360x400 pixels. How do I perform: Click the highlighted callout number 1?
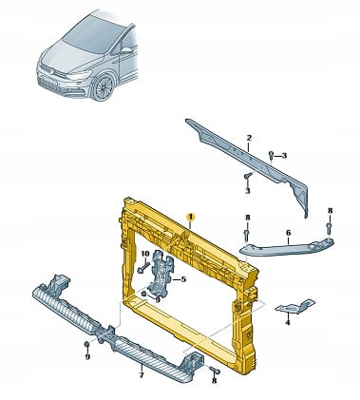pyautogui.click(x=191, y=217)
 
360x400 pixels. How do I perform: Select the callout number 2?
pyautogui.click(x=249, y=138)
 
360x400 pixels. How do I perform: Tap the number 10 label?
pyautogui.click(x=144, y=254)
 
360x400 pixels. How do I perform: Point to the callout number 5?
pyautogui.click(x=183, y=279)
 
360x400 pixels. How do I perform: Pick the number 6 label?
pyautogui.click(x=288, y=233)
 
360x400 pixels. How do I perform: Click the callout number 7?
pyautogui.click(x=142, y=375)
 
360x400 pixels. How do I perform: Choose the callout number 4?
pyautogui.click(x=288, y=323)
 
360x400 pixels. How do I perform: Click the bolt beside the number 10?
pyautogui.click(x=143, y=268)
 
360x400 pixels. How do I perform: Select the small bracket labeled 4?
pyautogui.click(x=295, y=306)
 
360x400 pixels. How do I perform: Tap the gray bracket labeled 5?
pyautogui.click(x=161, y=270)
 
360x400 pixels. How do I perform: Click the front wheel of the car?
pyautogui.click(x=104, y=86)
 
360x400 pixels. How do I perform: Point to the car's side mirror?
pyautogui.click(x=126, y=50)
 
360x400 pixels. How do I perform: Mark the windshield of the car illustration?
pyautogui.click(x=93, y=33)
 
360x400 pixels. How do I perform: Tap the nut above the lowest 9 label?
pyautogui.click(x=86, y=344)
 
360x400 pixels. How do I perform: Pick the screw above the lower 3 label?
pyautogui.click(x=248, y=176)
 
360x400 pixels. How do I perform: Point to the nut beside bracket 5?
pyautogui.click(x=144, y=294)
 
